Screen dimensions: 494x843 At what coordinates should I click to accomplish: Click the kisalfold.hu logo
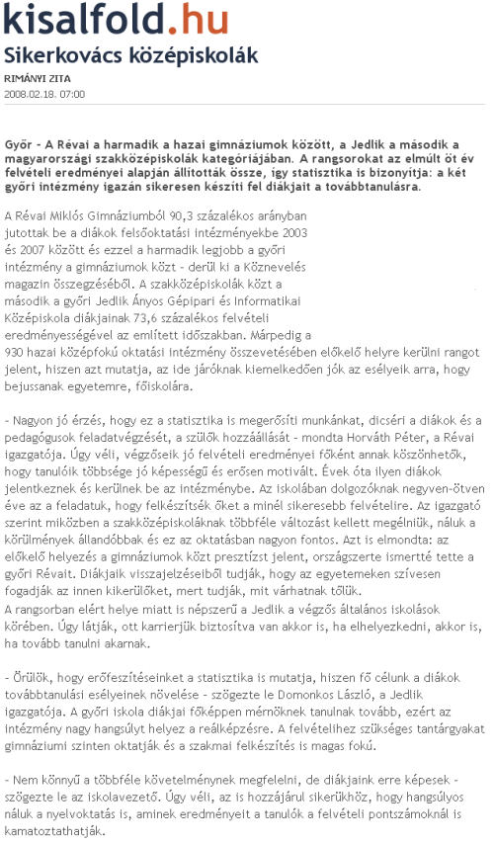pos(117,20)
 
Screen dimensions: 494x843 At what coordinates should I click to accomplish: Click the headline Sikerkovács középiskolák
pos(131,54)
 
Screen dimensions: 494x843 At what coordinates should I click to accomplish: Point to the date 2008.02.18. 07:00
pos(45,94)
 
